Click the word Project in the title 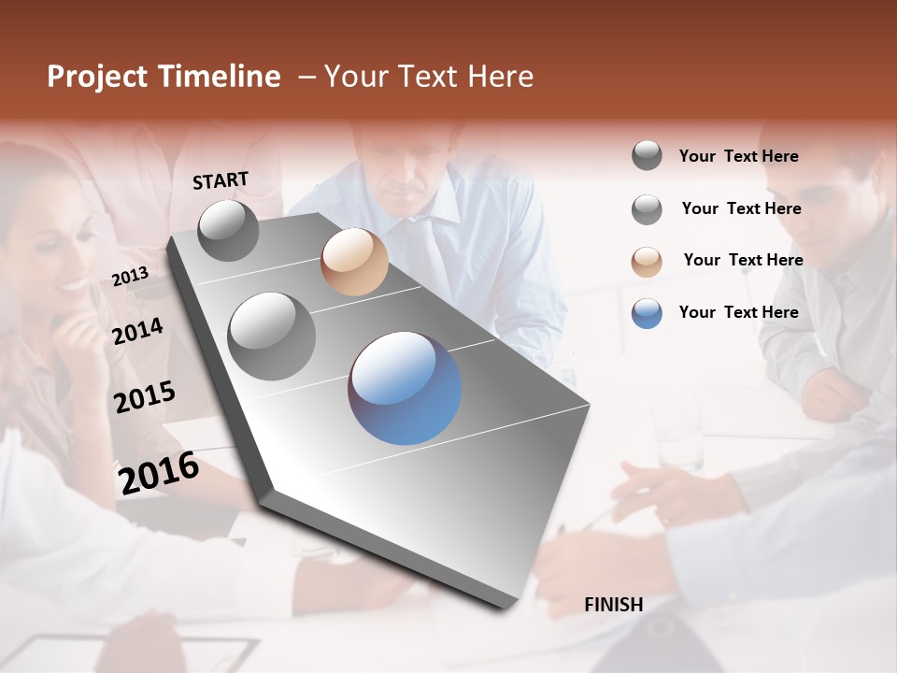pyautogui.click(x=96, y=77)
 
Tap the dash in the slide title pyautogui.click(x=306, y=77)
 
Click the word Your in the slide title pyautogui.click(x=356, y=77)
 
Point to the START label pyautogui.click(x=221, y=180)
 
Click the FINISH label pyautogui.click(x=613, y=605)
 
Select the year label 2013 pyautogui.click(x=130, y=277)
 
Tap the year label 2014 pyautogui.click(x=137, y=331)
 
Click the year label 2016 pyautogui.click(x=158, y=473)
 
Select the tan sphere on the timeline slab pyautogui.click(x=354, y=262)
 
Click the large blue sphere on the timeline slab pyautogui.click(x=405, y=388)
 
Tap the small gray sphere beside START pyautogui.click(x=228, y=230)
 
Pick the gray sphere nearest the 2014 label pyautogui.click(x=271, y=336)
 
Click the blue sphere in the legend pyautogui.click(x=647, y=313)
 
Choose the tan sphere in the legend pyautogui.click(x=647, y=261)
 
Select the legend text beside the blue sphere pyautogui.click(x=738, y=312)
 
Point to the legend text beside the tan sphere pyautogui.click(x=743, y=260)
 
